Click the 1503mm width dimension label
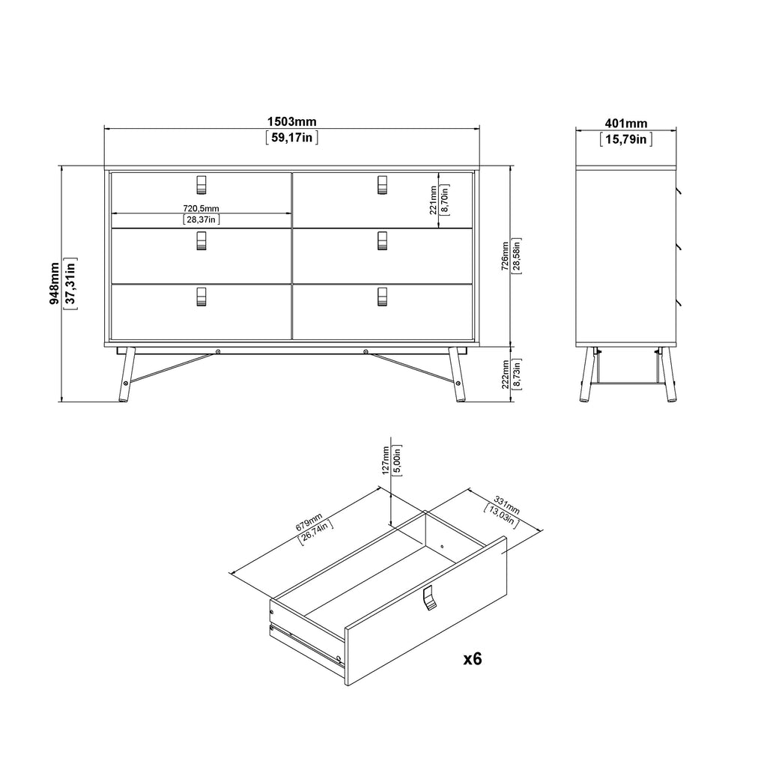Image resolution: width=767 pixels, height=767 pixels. (291, 122)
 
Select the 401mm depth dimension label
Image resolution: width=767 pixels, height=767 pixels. (625, 124)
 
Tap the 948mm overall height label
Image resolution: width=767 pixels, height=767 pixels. (54, 284)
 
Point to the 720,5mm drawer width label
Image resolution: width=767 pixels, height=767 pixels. (201, 208)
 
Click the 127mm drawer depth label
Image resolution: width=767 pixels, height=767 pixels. (386, 460)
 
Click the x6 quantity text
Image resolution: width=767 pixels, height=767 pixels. (472, 659)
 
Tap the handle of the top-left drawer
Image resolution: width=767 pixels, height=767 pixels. (201, 184)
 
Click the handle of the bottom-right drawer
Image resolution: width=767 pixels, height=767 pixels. (383, 297)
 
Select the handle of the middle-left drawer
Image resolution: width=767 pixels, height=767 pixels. (201, 240)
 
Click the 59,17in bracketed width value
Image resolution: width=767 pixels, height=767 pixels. (292, 138)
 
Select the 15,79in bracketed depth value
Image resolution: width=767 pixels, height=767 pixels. (625, 139)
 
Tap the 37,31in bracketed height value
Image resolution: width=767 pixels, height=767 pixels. (70, 284)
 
